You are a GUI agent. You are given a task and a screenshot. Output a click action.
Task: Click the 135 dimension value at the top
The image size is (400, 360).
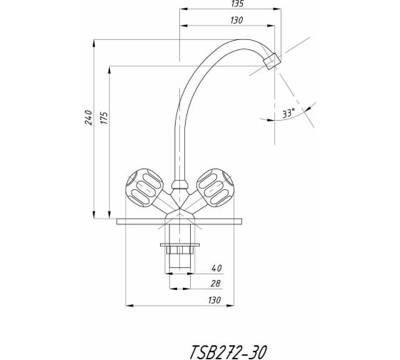237,4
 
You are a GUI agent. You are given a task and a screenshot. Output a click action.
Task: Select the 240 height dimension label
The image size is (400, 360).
89,117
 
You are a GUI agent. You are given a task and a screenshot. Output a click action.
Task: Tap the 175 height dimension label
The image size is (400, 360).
104,118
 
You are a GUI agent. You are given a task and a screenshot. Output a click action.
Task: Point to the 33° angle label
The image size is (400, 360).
289,113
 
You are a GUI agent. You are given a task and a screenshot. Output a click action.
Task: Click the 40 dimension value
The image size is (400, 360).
216,268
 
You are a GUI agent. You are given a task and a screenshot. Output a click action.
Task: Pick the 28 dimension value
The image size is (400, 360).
215,284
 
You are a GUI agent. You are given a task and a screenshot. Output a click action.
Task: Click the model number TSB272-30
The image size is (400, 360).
229,352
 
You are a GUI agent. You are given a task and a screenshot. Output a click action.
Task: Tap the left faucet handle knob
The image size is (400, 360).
144,188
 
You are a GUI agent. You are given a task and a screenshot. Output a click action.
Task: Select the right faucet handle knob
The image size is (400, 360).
215,188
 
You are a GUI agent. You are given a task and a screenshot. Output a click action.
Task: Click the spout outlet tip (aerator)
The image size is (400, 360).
272,61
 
